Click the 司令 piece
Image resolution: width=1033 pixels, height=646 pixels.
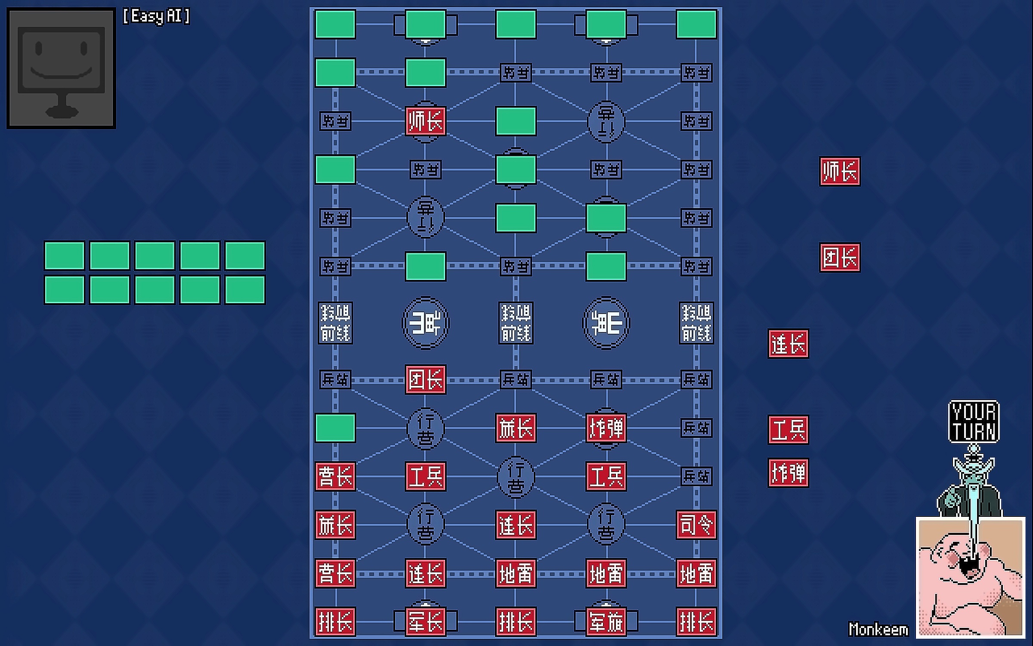pos(696,525)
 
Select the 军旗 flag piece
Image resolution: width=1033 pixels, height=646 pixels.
pos(606,621)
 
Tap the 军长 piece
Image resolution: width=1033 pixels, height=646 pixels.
pos(425,621)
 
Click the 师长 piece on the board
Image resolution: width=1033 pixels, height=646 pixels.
pos(425,121)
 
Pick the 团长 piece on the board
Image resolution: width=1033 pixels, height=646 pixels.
pos(425,379)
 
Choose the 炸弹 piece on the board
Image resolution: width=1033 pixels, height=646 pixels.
pos(606,428)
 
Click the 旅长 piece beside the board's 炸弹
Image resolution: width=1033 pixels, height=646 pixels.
pos(516,428)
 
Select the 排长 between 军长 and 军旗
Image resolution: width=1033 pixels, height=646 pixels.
pos(516,621)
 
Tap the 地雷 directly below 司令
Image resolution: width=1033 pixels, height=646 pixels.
pos(696,573)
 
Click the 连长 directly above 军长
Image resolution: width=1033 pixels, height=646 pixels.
pos(425,573)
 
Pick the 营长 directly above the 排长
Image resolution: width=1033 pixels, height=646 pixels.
pos(335,573)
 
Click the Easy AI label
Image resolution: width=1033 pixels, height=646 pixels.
pos(156,16)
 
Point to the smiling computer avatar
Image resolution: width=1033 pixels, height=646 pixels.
pos(61,68)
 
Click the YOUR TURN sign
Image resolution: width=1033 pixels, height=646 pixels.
pos(974,421)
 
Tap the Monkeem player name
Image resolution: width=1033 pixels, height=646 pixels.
pos(878,629)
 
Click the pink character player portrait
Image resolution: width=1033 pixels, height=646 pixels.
pos(970,577)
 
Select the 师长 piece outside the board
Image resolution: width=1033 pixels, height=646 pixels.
pos(839,171)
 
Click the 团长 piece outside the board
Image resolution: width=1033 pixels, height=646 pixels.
pos(839,257)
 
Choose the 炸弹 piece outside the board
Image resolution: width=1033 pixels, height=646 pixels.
pos(788,472)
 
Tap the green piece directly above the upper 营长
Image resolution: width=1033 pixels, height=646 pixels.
pos(335,428)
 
